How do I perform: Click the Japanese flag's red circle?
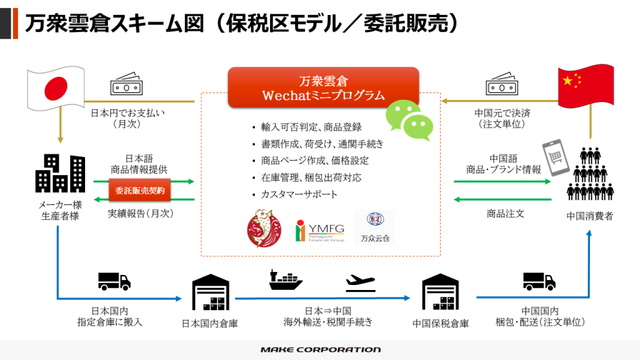pyautogui.click(x=56, y=88)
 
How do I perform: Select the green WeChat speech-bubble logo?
pyautogui.click(x=409, y=120)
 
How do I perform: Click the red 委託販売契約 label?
pyautogui.click(x=139, y=191)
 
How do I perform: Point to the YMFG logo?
pyautogui.click(x=320, y=231)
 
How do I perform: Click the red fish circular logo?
pyautogui.click(x=264, y=229)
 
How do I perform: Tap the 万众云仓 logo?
pyautogui.click(x=375, y=227)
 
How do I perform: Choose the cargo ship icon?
pyautogui.click(x=285, y=280)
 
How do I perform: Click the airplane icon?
pyautogui.click(x=361, y=283)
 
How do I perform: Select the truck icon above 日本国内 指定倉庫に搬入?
pyautogui.click(x=114, y=281)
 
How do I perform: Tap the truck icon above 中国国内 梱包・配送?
pyautogui.click(x=539, y=281)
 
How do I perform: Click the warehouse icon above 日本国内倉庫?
pyautogui.click(x=211, y=292)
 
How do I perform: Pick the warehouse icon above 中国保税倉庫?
pyautogui.click(x=441, y=292)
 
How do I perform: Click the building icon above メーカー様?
pyautogui.click(x=61, y=173)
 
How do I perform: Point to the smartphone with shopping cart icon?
pyautogui.click(x=555, y=157)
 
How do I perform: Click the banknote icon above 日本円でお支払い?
pyautogui.click(x=126, y=84)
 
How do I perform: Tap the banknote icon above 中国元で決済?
pyautogui.click(x=502, y=84)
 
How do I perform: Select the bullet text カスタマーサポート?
pyautogui.click(x=299, y=194)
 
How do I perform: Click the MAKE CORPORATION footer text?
pyautogui.click(x=321, y=350)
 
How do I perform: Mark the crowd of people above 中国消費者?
pyautogui.click(x=590, y=174)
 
